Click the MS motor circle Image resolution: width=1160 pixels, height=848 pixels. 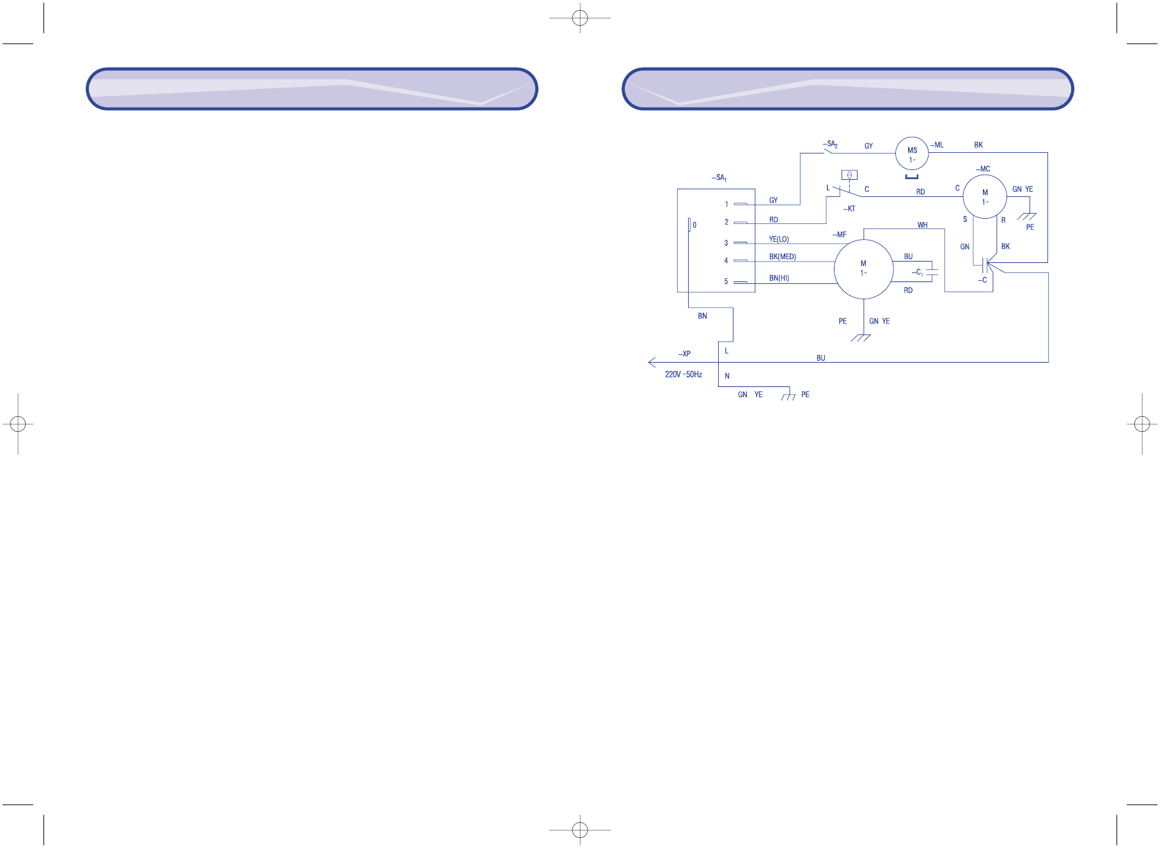click(x=912, y=153)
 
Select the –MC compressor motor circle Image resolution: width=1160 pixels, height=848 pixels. click(x=985, y=197)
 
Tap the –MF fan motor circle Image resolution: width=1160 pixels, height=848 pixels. click(x=863, y=269)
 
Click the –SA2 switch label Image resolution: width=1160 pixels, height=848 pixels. click(x=830, y=145)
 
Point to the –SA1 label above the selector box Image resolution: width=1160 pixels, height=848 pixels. click(x=719, y=178)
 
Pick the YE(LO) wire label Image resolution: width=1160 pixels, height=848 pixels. click(x=779, y=239)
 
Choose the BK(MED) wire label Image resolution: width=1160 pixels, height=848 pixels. click(x=782, y=256)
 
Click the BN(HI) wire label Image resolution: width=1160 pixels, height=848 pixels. click(x=779, y=278)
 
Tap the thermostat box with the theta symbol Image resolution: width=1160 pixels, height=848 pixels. click(x=849, y=175)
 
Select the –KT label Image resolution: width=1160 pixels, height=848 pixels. click(x=849, y=208)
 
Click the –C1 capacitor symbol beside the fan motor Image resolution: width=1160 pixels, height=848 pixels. click(x=932, y=272)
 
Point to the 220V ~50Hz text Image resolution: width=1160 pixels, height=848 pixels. click(x=684, y=374)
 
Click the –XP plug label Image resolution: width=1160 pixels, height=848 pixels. click(x=684, y=354)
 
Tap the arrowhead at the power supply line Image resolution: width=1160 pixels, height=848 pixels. click(x=652, y=363)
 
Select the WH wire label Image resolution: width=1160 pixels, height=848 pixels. click(x=922, y=225)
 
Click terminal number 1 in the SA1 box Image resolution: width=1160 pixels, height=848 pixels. click(x=726, y=205)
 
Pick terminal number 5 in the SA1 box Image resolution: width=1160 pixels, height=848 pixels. click(x=726, y=281)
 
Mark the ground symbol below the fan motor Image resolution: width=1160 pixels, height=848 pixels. click(x=861, y=338)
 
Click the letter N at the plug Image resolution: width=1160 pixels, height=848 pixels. click(x=727, y=376)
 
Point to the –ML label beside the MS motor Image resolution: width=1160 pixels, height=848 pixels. click(x=937, y=145)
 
